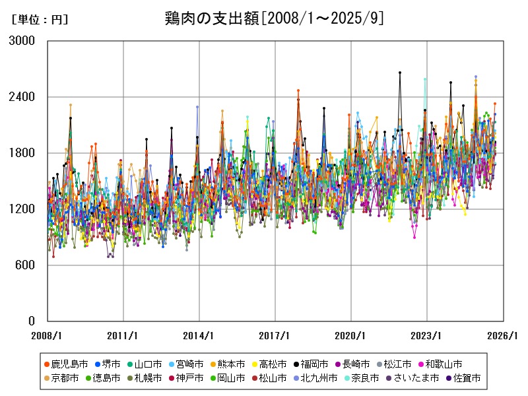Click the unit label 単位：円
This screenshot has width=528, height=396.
coord(40,20)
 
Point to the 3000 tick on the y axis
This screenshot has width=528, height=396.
coord(24,41)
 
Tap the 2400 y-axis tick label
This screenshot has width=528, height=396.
coord(24,97)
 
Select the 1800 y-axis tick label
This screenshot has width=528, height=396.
coord(24,153)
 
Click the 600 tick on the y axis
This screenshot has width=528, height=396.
coord(28,265)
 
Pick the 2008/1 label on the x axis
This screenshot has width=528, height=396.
coord(48,335)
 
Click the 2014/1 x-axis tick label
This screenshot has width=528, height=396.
coord(199,335)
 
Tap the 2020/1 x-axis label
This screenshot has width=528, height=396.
coord(351,335)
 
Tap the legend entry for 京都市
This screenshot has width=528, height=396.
coord(65,378)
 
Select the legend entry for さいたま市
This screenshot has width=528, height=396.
coord(411,378)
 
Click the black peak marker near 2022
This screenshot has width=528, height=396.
coord(400,73)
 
